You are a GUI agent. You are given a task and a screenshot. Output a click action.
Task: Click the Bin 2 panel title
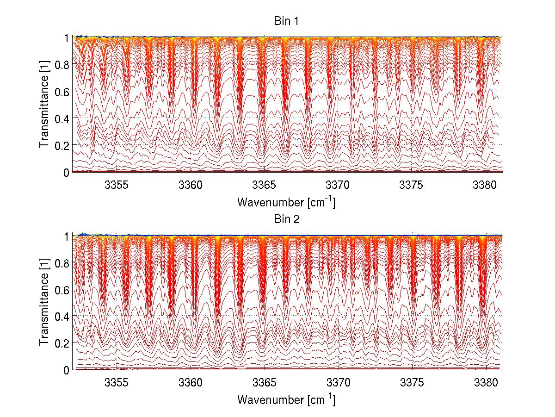286,219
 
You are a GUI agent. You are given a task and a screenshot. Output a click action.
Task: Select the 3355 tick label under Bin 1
117,185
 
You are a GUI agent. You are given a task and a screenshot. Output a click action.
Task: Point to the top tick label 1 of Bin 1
67,38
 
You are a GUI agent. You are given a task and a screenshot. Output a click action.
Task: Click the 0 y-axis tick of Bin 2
67,370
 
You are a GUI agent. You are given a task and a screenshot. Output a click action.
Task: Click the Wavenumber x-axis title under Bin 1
286,202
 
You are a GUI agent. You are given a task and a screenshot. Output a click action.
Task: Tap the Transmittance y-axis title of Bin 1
44,105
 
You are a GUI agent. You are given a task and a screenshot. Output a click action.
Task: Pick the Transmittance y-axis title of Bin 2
44,303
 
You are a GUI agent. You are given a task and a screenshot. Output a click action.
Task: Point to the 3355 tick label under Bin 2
117,383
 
